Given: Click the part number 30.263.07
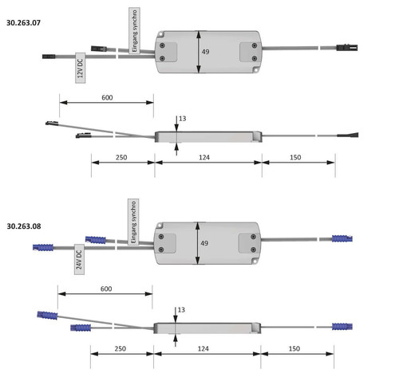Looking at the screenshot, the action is [23, 23].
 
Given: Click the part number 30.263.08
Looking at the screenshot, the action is [24, 226].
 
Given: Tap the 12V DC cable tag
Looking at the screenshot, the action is [81, 68].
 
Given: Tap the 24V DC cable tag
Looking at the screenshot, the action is [79, 259].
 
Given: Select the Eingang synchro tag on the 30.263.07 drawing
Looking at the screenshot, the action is [134, 30].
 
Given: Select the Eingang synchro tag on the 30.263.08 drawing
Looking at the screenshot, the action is [133, 222].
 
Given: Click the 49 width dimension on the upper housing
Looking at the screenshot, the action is [205, 52].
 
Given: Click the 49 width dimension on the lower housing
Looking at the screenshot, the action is [204, 243].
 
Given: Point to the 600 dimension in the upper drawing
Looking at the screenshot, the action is [107, 97].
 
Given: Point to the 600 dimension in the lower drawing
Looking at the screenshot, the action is [106, 289].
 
